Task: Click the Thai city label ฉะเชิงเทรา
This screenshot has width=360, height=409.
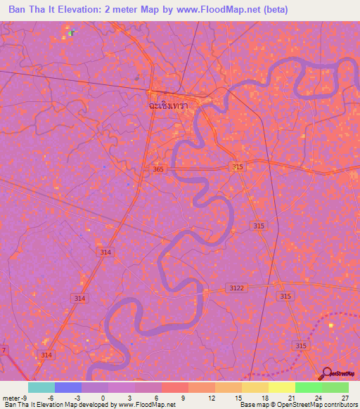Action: tap(173, 104)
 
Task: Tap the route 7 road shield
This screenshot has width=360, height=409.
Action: tap(4, 350)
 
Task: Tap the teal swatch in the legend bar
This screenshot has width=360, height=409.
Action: tap(41, 387)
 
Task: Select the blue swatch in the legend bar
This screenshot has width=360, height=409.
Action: tap(67, 387)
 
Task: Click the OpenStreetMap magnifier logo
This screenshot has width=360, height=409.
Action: tap(326, 373)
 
